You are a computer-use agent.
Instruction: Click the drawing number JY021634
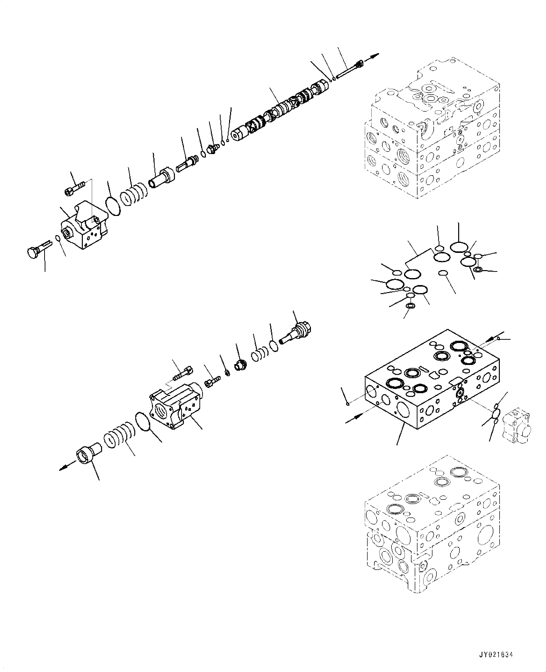tap(496, 654)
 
